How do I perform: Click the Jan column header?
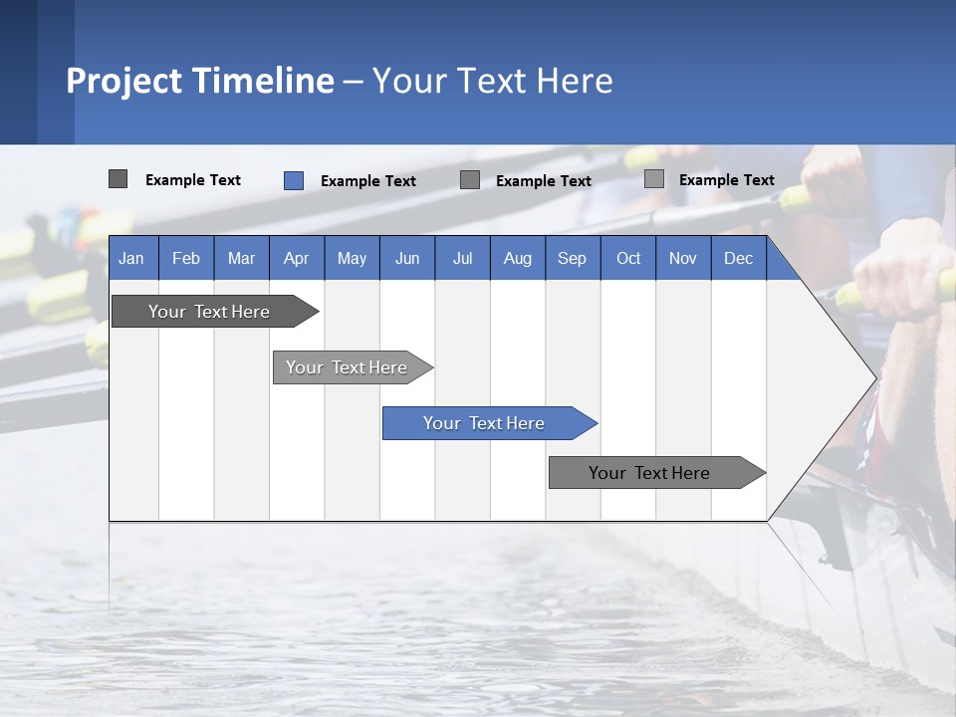[x=131, y=259]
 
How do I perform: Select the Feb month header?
[x=186, y=259]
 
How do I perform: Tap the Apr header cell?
[x=297, y=259]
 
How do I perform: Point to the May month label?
[x=352, y=259]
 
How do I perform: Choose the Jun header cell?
[x=407, y=259]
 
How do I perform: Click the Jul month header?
[x=463, y=259]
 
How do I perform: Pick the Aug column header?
[x=518, y=259]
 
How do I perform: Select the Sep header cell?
[x=573, y=259]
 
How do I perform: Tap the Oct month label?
[x=628, y=259]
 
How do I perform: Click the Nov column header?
[x=683, y=259]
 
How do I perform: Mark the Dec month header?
[x=739, y=259]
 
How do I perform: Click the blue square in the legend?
[x=294, y=180]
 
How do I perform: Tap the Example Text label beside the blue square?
[x=368, y=181]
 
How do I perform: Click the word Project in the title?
[x=128, y=81]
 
